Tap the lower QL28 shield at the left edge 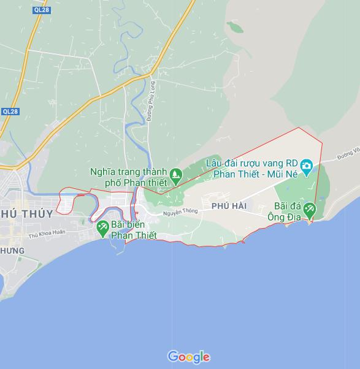[10, 112]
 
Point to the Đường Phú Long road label [150, 101]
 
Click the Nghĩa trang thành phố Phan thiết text [128, 177]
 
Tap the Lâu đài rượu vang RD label [252, 164]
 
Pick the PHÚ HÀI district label [229, 206]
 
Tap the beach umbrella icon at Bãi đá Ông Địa [309, 210]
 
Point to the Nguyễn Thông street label [180, 212]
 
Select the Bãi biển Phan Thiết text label [134, 231]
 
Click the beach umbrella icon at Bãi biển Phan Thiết [102, 228]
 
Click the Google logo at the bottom [189, 357]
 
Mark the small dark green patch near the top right [235, 26]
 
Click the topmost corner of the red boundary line [299, 128]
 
